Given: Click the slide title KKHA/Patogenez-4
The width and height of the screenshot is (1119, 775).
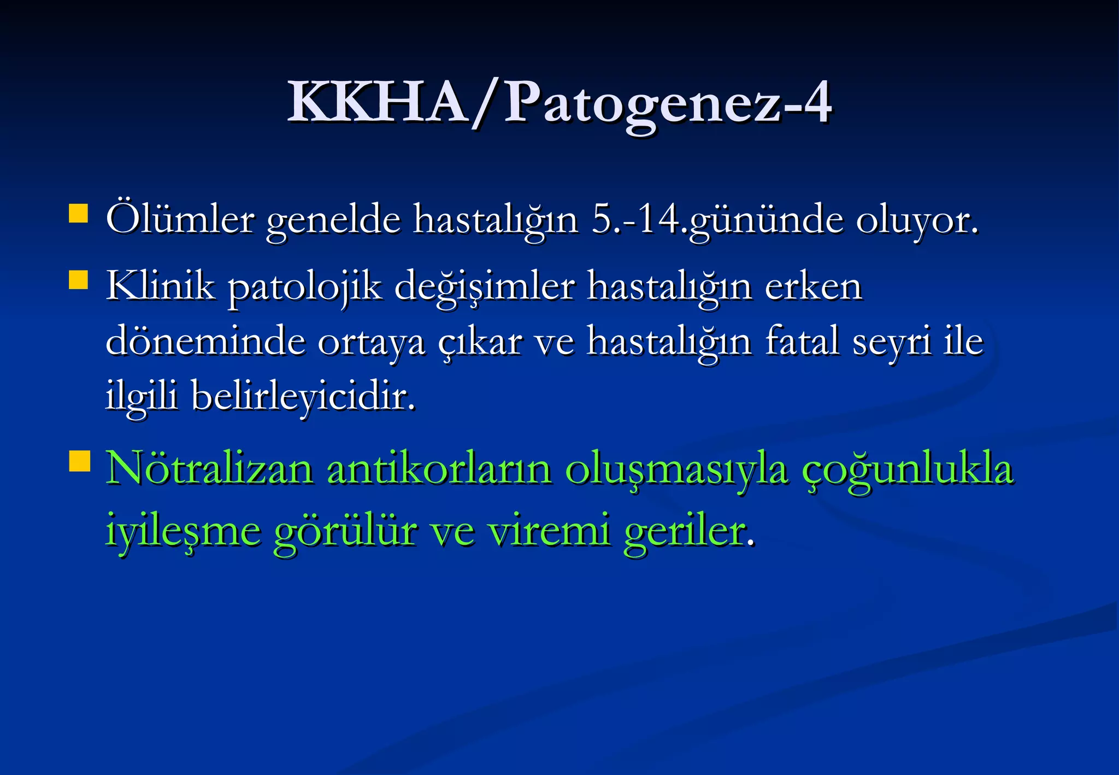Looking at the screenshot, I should tap(559, 103).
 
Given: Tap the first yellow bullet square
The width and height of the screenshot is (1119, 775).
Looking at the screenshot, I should tap(79, 214).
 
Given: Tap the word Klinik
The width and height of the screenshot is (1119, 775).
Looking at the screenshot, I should tap(161, 285).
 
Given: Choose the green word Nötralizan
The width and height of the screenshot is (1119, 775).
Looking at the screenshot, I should tap(210, 469).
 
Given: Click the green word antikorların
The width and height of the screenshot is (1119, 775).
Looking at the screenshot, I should tap(439, 469).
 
